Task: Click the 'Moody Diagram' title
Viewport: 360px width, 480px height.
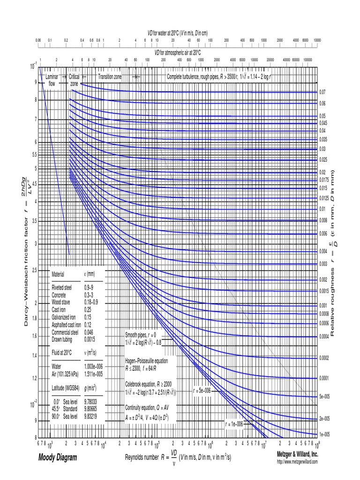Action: pyautogui.click(x=58, y=457)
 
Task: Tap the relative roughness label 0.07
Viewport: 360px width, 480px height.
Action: pyautogui.click(x=322, y=92)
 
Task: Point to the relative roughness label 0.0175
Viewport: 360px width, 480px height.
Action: pyautogui.click(x=324, y=180)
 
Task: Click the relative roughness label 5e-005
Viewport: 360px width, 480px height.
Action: pyautogui.click(x=324, y=396)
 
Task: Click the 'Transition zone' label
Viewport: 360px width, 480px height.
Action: pyautogui.click(x=110, y=76)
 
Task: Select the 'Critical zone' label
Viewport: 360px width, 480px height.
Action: pyautogui.click(x=75, y=79)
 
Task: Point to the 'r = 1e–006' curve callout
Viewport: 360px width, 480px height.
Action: pyautogui.click(x=234, y=424)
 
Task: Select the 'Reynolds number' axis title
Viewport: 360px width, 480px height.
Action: pyautogui.click(x=146, y=457)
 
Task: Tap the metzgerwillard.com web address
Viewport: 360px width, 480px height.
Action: pyautogui.click(x=297, y=462)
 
